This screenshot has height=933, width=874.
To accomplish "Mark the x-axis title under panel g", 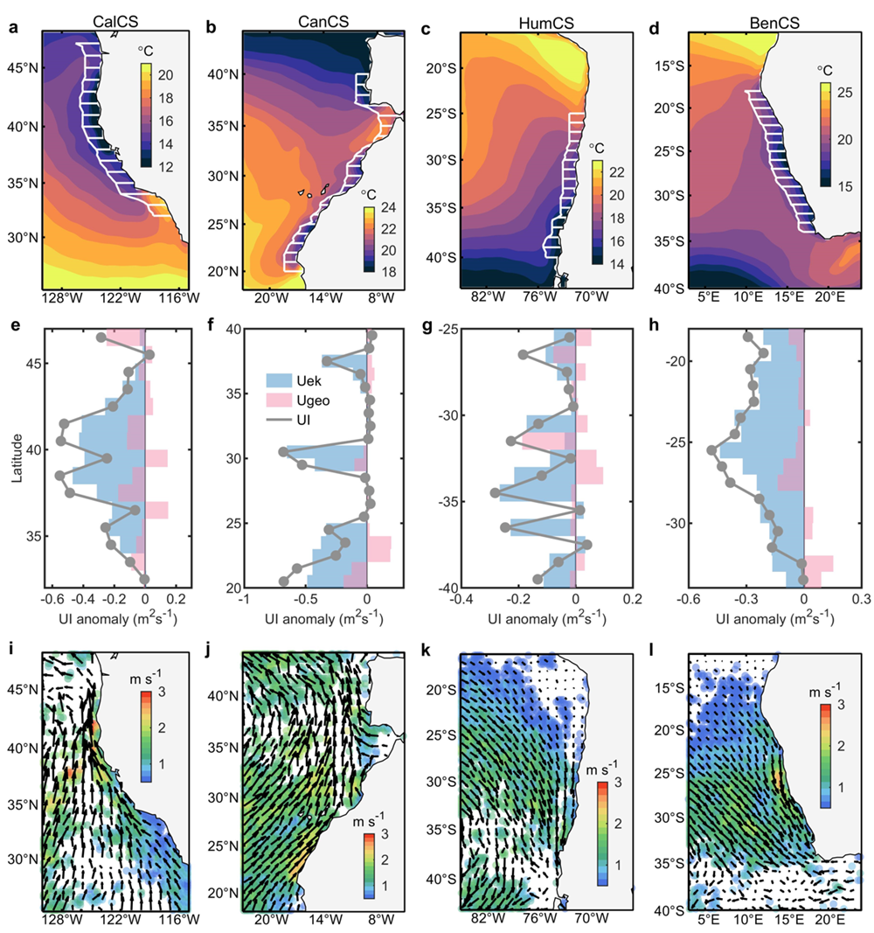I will [546, 621].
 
